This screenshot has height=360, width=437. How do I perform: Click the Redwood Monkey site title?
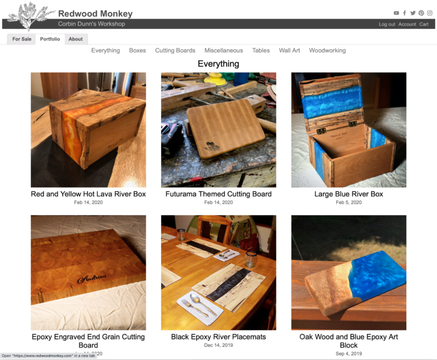pos(95,14)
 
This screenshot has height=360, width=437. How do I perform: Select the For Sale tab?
pos(22,39)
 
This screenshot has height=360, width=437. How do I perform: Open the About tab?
pos(76,39)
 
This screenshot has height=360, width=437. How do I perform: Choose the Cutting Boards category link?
pos(175,51)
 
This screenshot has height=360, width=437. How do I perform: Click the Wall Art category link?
pos(289,51)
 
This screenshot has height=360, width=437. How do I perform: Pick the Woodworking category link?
pos(327,51)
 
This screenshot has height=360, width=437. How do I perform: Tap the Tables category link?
pos(261,51)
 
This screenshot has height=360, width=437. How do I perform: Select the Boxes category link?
pos(137,51)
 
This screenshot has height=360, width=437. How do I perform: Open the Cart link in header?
pos(424,24)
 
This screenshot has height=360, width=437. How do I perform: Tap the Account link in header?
pos(407,24)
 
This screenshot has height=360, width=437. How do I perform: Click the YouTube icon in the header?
pos(397,13)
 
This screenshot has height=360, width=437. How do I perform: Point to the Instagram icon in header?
pos(430,13)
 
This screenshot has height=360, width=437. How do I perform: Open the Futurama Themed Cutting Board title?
pos(218,194)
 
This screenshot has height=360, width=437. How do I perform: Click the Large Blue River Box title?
pos(349,194)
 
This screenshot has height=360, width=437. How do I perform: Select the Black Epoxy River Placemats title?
pos(218,337)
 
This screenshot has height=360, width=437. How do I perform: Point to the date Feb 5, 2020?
pos(349,202)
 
